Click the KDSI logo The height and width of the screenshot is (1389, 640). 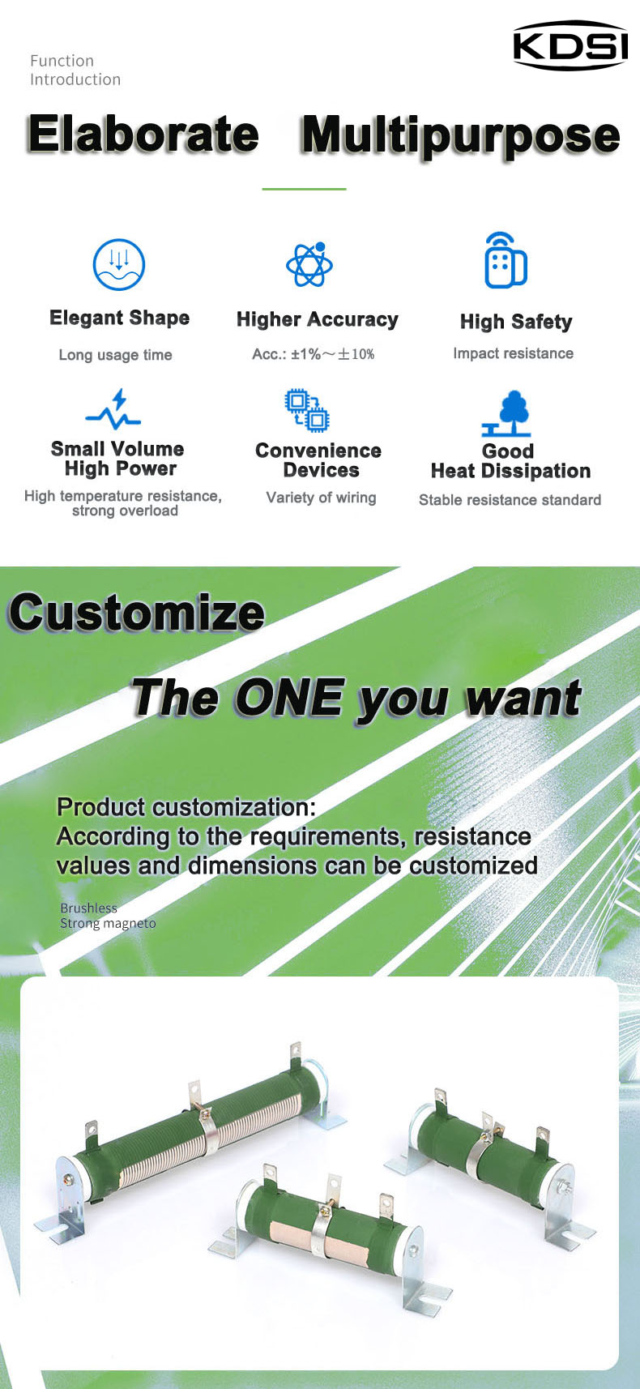click(x=570, y=45)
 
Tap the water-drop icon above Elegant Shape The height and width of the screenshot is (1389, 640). click(x=119, y=265)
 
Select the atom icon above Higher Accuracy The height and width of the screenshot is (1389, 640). click(x=309, y=264)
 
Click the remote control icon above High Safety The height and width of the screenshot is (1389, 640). click(x=506, y=260)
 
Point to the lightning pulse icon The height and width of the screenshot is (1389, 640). click(x=113, y=409)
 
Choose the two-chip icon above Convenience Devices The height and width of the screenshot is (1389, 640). click(x=307, y=410)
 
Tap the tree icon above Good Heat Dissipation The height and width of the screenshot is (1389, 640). click(x=506, y=413)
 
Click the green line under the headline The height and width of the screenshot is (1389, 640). click(x=304, y=189)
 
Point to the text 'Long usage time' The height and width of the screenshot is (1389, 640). click(x=115, y=355)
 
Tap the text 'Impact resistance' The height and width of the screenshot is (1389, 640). click(x=513, y=353)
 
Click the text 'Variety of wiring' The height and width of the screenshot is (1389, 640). click(x=322, y=498)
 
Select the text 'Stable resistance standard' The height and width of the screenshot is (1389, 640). click(x=510, y=500)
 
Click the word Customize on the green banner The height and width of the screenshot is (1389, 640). click(x=137, y=613)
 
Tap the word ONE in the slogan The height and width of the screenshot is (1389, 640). click(x=289, y=698)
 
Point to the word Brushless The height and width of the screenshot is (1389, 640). click(x=88, y=908)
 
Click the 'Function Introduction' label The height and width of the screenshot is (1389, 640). click(x=75, y=70)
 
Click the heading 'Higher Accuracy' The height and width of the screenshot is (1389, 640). click(x=318, y=319)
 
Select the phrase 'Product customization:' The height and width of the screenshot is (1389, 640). click(x=186, y=807)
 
